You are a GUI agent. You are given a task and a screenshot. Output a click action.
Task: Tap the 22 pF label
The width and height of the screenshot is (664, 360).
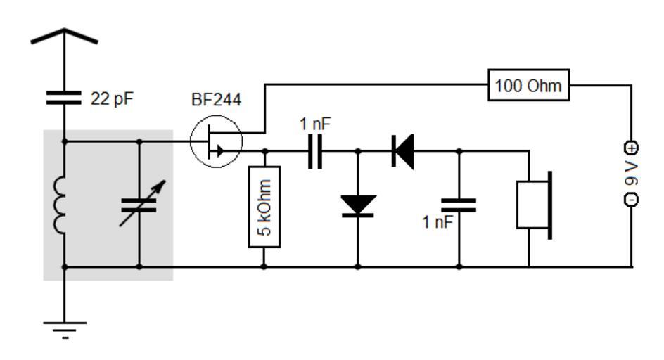pos(112,99)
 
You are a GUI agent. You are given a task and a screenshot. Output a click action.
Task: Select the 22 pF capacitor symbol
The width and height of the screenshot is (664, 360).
pos(64,98)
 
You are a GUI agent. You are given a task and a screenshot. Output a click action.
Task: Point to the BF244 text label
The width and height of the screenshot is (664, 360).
pos(216,101)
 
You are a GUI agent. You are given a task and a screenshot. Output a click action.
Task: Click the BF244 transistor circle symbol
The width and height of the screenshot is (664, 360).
pos(216,142)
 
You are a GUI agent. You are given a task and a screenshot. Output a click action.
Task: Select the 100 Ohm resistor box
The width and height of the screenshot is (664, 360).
pos(529,86)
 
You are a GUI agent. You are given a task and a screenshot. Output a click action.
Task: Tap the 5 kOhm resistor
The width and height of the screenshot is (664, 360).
pos(264,207)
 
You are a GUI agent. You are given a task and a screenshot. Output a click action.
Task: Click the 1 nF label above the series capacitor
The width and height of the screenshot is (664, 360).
pos(315,124)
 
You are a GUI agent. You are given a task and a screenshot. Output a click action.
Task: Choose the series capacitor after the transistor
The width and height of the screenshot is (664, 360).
pos(315,151)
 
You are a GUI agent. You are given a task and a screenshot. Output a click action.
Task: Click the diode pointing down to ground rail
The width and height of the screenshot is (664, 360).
pos(358,205)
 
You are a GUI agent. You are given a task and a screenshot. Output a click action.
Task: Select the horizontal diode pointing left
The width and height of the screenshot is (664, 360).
pos(403,151)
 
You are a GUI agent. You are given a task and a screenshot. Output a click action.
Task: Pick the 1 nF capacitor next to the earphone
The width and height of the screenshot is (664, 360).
pos(459,205)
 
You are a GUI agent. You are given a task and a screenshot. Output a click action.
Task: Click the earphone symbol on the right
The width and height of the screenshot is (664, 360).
pos(534,205)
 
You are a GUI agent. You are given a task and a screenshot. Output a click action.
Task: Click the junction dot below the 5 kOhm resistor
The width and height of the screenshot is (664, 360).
pos(264,267)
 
